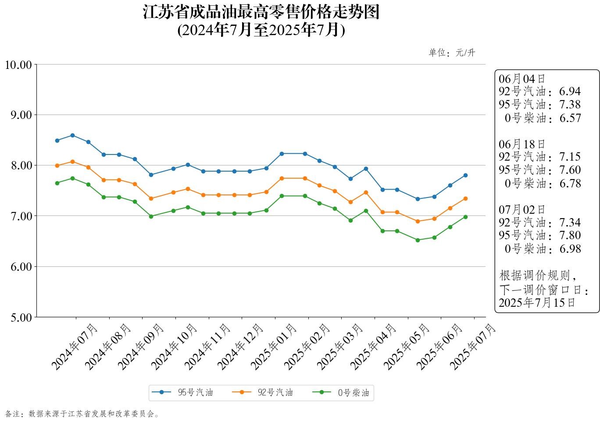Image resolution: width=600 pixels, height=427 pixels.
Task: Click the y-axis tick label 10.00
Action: point(18,65)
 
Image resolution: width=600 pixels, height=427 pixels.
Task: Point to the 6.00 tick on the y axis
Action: point(21,267)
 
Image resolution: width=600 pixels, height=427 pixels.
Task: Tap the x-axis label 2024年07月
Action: point(75,347)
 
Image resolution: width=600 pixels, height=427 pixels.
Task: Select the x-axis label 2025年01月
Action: point(274,347)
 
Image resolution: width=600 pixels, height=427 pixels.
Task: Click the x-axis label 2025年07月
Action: point(473,347)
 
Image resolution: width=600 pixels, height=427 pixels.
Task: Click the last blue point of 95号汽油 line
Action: point(465,176)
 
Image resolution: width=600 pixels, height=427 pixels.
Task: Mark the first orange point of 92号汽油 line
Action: point(57,166)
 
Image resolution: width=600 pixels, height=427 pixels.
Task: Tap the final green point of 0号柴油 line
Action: point(465,217)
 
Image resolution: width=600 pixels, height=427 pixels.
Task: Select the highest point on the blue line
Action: point(72,135)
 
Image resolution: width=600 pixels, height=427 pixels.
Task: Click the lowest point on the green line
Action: point(418,240)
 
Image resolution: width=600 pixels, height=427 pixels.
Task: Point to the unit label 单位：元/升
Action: point(452,53)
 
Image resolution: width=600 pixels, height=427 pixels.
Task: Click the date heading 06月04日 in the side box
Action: point(522,79)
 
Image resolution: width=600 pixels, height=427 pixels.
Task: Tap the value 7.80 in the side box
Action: point(570,236)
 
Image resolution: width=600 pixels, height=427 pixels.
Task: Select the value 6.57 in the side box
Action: point(570,118)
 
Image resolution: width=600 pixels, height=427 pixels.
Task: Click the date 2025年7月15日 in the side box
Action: point(537,303)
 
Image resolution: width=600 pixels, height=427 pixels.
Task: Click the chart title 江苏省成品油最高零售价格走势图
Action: point(261,12)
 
